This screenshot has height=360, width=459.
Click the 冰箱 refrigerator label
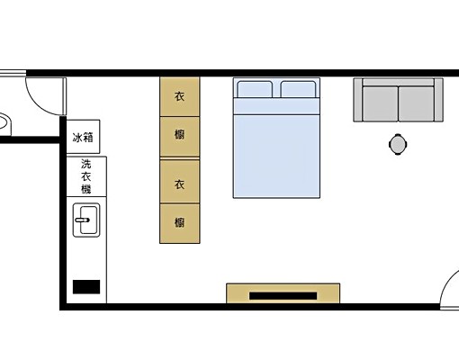(x=82, y=138)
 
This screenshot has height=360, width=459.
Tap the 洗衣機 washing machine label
(x=85, y=176)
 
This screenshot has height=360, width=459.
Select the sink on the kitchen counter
(x=86, y=220)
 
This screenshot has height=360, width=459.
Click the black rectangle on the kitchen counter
(x=86, y=287)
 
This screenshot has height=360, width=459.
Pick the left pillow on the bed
(x=255, y=89)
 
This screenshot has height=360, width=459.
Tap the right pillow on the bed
(x=299, y=89)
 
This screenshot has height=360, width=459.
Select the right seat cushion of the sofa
(x=416, y=102)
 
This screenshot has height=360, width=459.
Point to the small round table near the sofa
(x=398, y=142)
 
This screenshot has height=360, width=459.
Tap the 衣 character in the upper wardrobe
(x=179, y=96)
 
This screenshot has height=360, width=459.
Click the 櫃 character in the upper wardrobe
(x=179, y=135)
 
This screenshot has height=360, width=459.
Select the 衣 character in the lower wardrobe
(x=179, y=184)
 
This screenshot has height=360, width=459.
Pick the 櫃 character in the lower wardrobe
(x=179, y=221)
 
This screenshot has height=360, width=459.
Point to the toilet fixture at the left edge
(x=4, y=121)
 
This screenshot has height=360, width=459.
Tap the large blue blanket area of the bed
(x=276, y=153)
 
